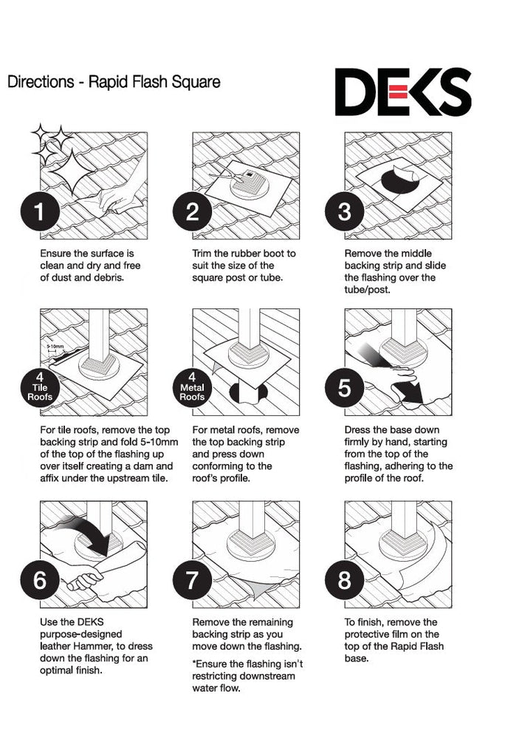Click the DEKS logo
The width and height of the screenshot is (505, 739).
point(403,92)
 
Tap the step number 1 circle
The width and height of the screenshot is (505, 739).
point(40,211)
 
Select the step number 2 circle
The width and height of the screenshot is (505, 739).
point(192,211)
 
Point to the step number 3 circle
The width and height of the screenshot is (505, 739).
point(345,211)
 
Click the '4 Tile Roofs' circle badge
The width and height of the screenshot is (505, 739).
point(40,387)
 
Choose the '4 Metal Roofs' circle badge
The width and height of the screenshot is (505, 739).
point(192,387)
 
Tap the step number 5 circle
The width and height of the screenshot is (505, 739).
point(345,387)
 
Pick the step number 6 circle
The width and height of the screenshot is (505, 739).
point(40,579)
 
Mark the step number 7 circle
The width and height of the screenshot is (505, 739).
point(192,579)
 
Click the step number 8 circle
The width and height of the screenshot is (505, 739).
point(345,579)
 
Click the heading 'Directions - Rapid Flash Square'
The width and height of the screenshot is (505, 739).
point(114,81)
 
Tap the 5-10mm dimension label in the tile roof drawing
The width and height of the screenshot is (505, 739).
point(55,347)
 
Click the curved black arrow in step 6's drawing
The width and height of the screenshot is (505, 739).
point(89,534)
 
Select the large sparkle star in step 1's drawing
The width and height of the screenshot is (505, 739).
point(72,172)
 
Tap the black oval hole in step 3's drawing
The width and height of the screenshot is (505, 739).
point(399,180)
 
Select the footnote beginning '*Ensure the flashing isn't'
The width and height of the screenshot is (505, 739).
point(247,676)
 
